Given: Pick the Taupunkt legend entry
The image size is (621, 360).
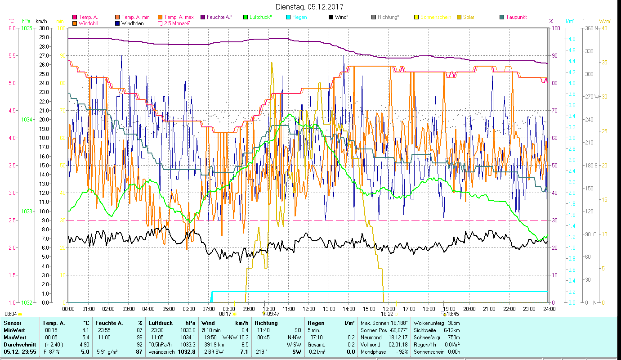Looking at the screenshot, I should coord(516,17).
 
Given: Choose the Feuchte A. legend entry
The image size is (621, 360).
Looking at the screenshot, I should coord(219,17).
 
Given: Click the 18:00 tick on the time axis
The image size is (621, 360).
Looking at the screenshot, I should coord(429,309).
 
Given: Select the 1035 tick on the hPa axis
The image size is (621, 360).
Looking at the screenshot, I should coord(27,28).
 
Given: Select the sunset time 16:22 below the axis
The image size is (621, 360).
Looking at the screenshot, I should coord(387,314).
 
